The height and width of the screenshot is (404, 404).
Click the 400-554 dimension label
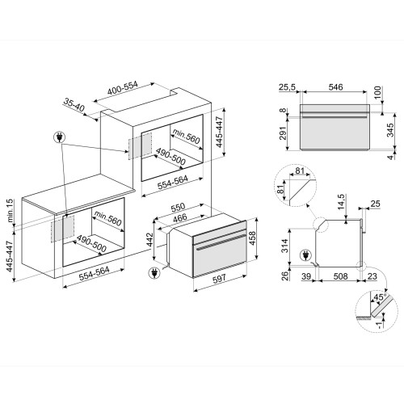123,88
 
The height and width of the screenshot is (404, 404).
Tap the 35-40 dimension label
74,105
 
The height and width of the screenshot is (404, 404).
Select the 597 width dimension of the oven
219,278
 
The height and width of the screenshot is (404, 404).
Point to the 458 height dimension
252,238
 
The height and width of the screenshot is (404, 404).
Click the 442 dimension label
149,240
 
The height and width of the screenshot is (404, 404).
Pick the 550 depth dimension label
179,207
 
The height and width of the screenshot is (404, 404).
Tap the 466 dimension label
180,217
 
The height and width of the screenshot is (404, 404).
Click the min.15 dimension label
10,211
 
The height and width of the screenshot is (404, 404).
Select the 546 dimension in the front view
335,87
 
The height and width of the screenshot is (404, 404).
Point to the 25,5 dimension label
287,87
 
